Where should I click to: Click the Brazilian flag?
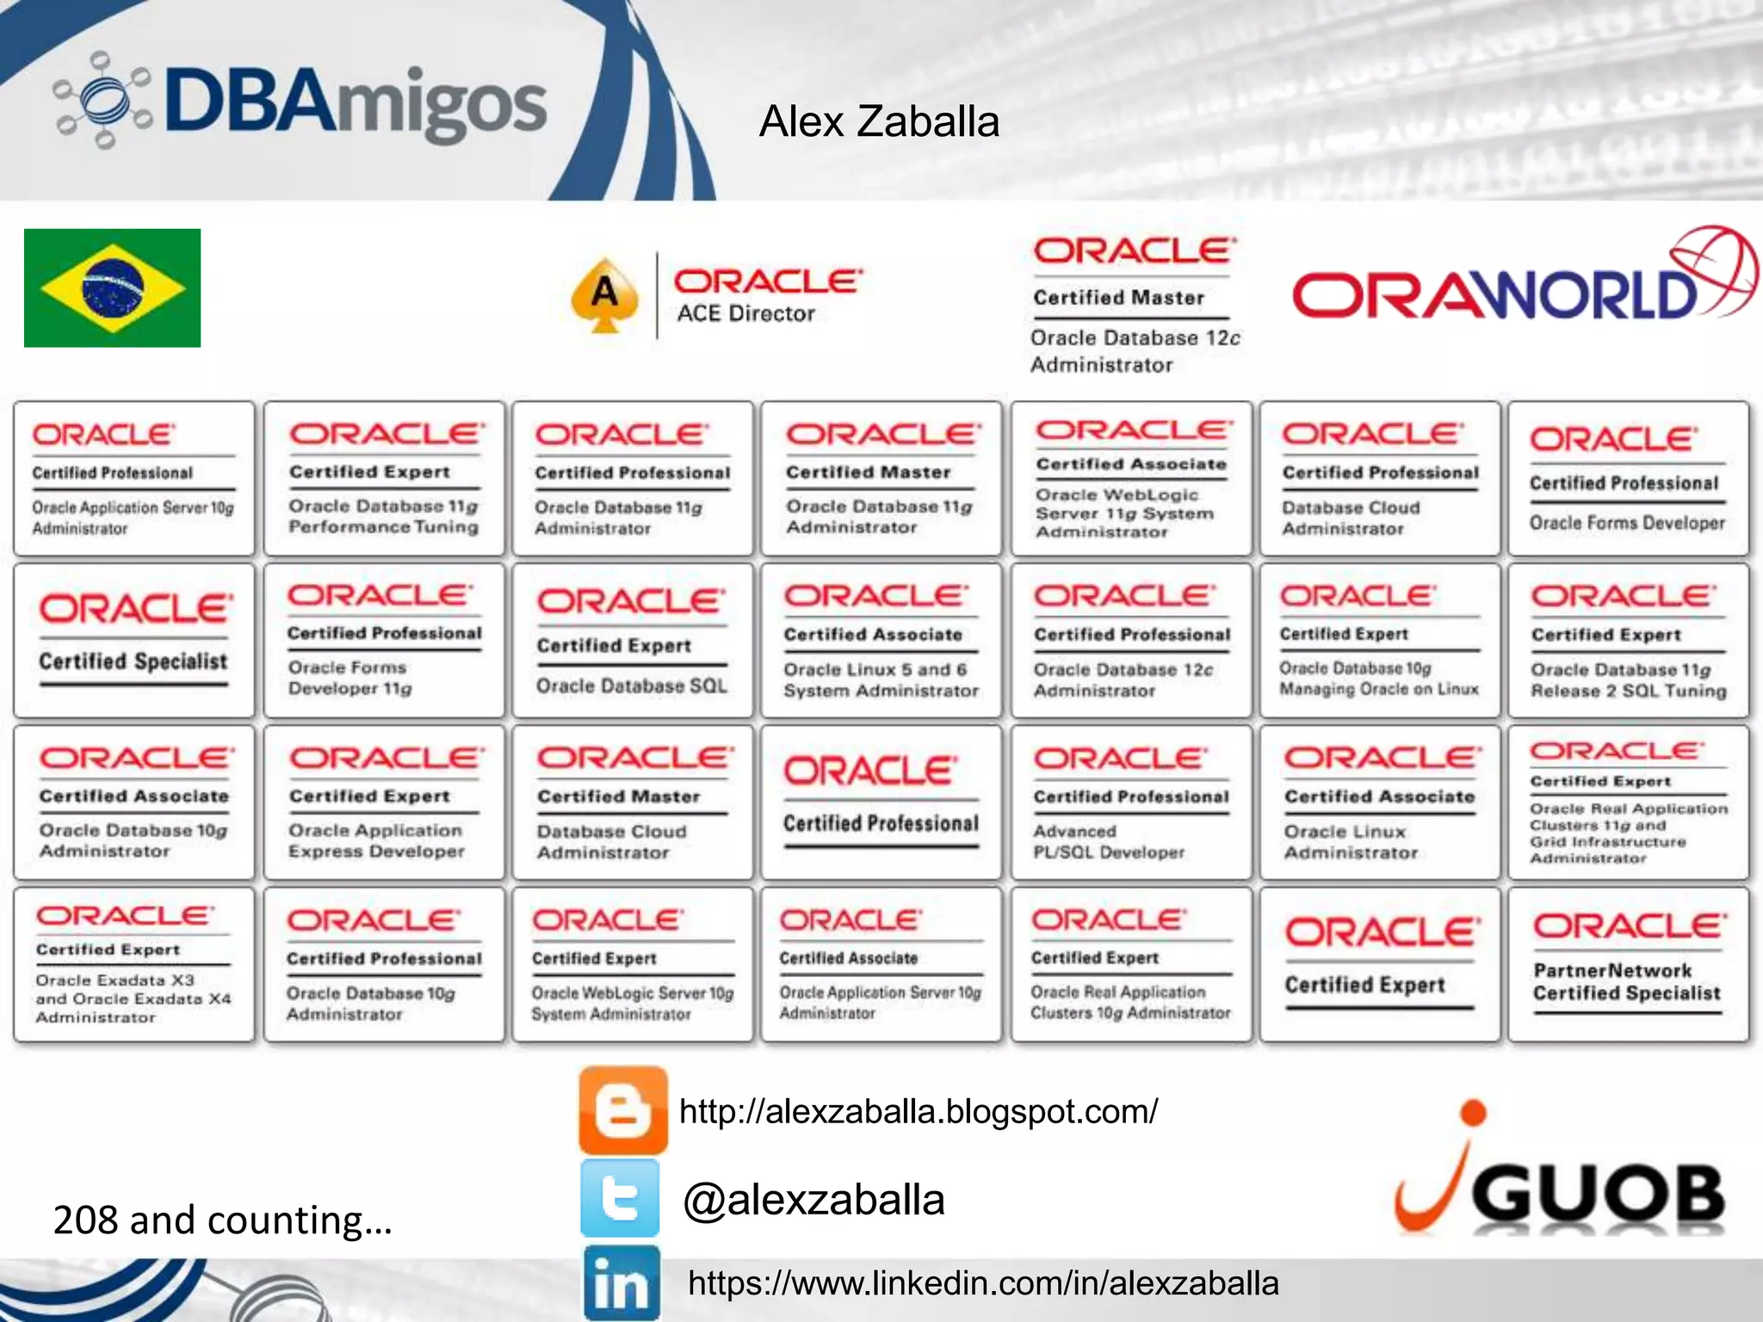112,287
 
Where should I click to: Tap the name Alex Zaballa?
879,121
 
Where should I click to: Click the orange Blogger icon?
623,1110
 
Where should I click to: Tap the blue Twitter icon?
621,1198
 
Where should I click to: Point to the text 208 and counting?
223,1220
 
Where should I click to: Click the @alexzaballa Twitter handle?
813,1200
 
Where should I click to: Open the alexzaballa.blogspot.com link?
919,1111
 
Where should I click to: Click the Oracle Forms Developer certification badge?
1628,479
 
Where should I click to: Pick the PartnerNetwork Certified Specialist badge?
1628,965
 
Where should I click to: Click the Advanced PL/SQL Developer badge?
1130,802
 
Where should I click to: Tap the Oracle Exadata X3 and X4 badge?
134,965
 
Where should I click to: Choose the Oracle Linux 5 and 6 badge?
881,640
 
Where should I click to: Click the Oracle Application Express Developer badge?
384,802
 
